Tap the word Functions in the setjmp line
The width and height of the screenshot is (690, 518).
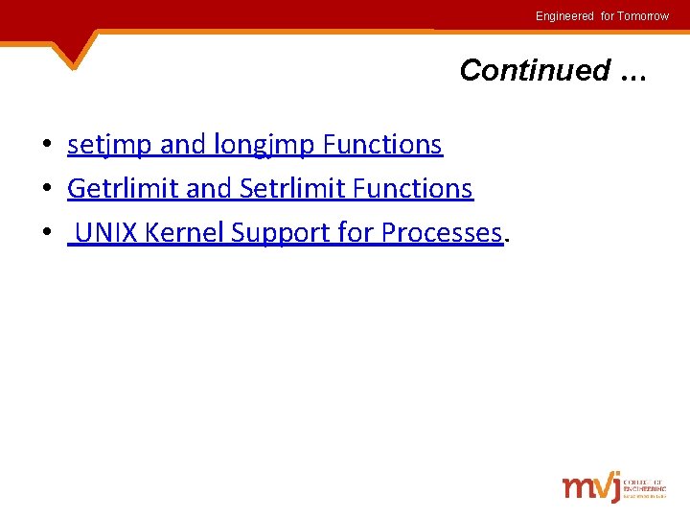382,145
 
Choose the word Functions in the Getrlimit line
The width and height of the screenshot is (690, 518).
413,189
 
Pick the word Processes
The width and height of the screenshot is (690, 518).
442,233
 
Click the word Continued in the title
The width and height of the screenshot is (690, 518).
535,70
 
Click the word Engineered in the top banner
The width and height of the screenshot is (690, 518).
564,16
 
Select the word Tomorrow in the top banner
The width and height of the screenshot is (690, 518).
644,16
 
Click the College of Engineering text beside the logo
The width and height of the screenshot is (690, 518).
644,486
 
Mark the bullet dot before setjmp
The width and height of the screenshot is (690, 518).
46,146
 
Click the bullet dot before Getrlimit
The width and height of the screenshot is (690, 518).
46,190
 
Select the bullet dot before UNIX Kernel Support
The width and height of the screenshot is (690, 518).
46,234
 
